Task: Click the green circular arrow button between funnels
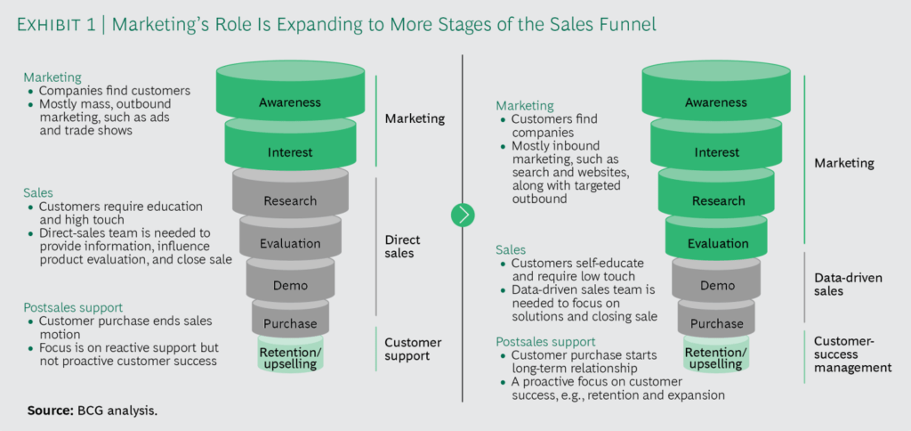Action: click(x=463, y=215)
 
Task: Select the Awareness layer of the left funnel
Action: click(x=290, y=102)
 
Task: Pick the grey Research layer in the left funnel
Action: click(x=290, y=200)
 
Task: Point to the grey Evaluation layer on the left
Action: click(x=290, y=243)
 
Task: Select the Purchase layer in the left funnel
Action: click(x=290, y=323)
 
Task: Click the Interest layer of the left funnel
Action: click(x=290, y=152)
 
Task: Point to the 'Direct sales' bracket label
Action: click(x=402, y=246)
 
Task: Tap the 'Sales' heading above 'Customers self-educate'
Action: click(x=512, y=250)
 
